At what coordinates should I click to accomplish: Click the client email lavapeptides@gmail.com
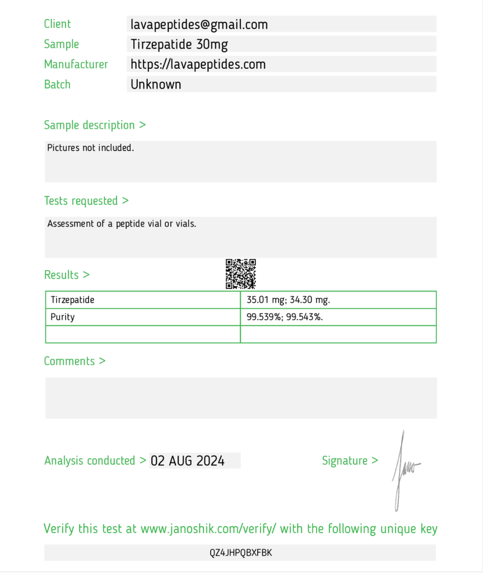click(199, 25)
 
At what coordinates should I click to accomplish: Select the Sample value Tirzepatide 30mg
click(179, 44)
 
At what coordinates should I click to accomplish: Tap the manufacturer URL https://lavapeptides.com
click(198, 64)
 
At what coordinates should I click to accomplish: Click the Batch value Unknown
click(156, 84)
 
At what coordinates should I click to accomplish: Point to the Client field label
click(58, 24)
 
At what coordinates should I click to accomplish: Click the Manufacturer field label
click(76, 64)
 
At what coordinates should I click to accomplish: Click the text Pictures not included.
click(91, 148)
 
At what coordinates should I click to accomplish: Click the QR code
click(241, 274)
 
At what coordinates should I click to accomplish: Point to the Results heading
click(67, 275)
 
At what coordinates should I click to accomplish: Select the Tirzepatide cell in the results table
click(73, 300)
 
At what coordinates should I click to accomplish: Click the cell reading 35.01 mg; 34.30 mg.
click(289, 300)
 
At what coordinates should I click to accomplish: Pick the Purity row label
click(63, 317)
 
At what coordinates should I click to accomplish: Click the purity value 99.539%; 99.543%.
click(285, 317)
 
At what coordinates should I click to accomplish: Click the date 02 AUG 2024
click(188, 461)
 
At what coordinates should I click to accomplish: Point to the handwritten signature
click(405, 470)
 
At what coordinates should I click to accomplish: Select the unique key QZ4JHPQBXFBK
click(241, 553)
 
